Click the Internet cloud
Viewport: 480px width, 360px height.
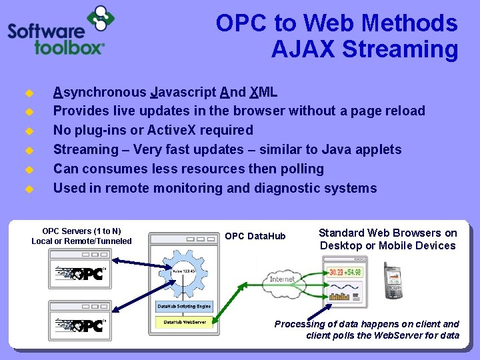[281, 279]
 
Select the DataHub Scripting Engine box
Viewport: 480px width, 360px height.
[184, 307]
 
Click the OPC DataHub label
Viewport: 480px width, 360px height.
[255, 236]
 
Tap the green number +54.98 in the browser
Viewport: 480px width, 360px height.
[353, 272]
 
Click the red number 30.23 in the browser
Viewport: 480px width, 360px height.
[334, 272]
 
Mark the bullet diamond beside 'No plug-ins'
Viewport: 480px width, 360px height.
[29, 131]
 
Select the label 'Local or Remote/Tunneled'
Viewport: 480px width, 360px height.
[81, 241]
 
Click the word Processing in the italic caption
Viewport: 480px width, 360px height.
[301, 324]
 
